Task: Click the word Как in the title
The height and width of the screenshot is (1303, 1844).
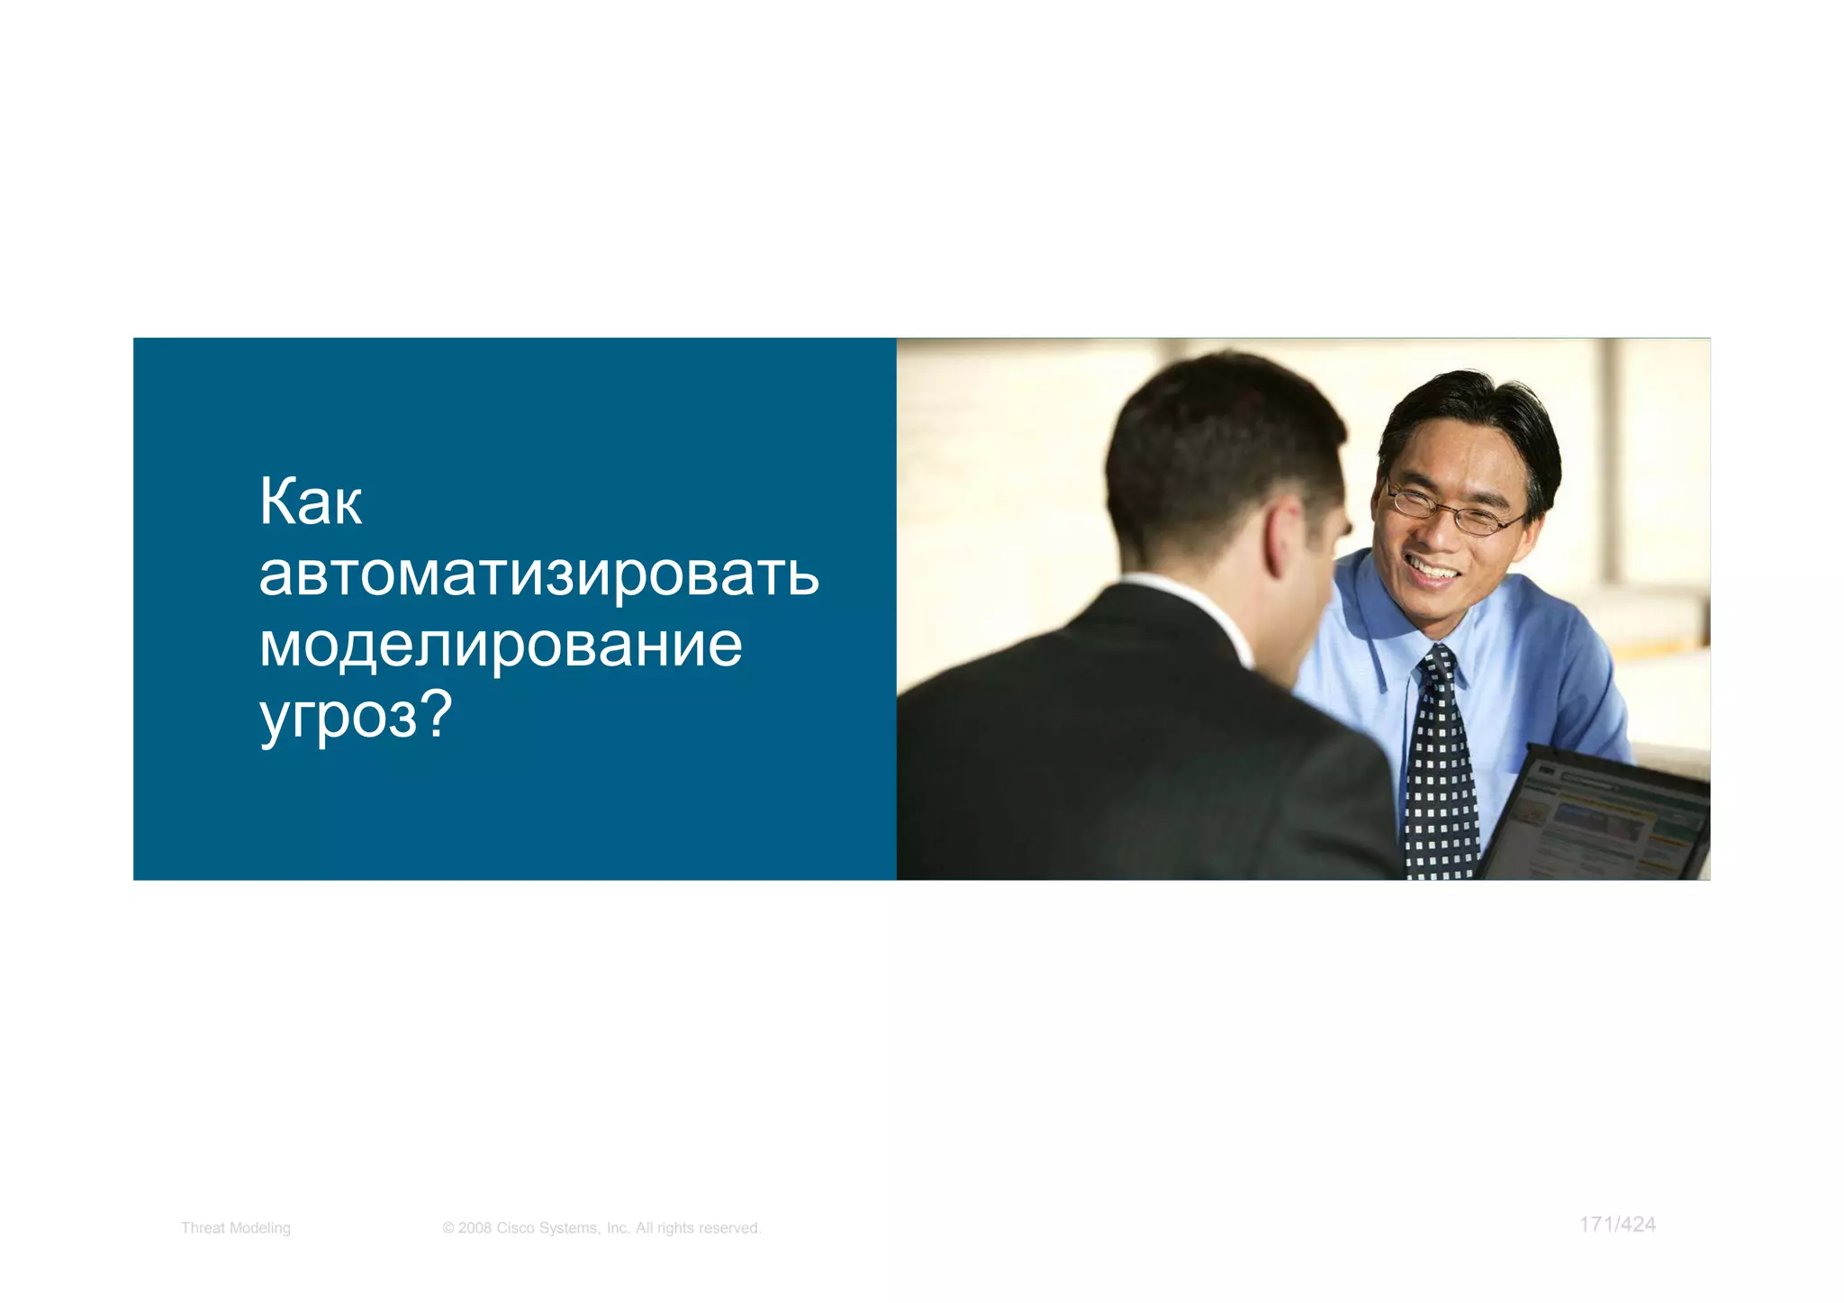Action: click(311, 502)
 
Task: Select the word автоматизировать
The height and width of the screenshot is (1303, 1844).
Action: click(538, 574)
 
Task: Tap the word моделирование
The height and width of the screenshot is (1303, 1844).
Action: click(501, 645)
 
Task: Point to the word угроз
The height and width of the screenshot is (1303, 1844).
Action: click(339, 718)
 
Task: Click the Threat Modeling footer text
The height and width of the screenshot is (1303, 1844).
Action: click(236, 1228)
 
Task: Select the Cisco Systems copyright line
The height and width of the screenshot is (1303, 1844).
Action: click(601, 1228)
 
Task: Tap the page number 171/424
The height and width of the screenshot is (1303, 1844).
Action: click(1617, 1225)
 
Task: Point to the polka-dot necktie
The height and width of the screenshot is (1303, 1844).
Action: click(1441, 765)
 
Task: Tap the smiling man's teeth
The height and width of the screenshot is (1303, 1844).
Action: click(1433, 570)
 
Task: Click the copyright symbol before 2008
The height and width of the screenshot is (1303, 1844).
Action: click(447, 1228)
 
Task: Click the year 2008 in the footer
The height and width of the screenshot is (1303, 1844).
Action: click(475, 1228)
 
